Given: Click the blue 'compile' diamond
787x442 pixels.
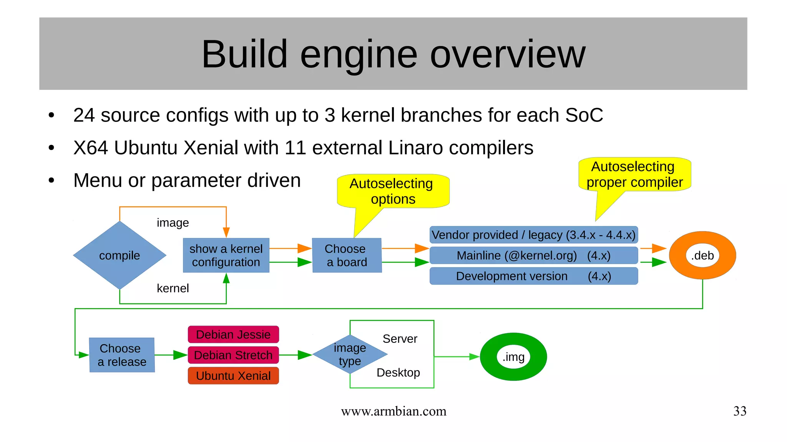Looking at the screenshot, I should (x=120, y=255).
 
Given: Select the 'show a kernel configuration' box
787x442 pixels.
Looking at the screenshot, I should (x=226, y=255).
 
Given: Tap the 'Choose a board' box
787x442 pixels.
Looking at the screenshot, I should (x=347, y=255).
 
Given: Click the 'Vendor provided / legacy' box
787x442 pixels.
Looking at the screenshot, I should (x=533, y=235).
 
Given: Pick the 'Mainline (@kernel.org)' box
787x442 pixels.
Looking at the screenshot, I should (x=533, y=256).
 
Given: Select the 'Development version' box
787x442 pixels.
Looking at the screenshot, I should (x=533, y=276).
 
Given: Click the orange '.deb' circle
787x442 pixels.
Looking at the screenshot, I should (x=702, y=255).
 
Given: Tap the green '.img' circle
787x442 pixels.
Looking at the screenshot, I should (x=513, y=357).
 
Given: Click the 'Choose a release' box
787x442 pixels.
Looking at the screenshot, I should (x=122, y=355).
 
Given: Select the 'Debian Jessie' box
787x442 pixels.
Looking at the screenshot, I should (x=233, y=334).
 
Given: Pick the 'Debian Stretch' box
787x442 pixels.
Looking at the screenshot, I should (x=233, y=355).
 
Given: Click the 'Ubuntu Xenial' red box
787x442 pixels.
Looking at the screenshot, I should (x=233, y=376).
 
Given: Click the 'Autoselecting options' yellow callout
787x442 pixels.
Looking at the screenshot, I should (x=393, y=191).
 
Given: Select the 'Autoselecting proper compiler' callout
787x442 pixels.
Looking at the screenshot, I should (x=634, y=174).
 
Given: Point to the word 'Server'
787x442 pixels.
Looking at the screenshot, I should (x=400, y=339).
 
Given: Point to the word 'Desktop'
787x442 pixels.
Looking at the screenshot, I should (x=398, y=372).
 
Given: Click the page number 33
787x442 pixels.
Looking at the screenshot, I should (x=739, y=411).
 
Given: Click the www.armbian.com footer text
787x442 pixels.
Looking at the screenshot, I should (x=393, y=411).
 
